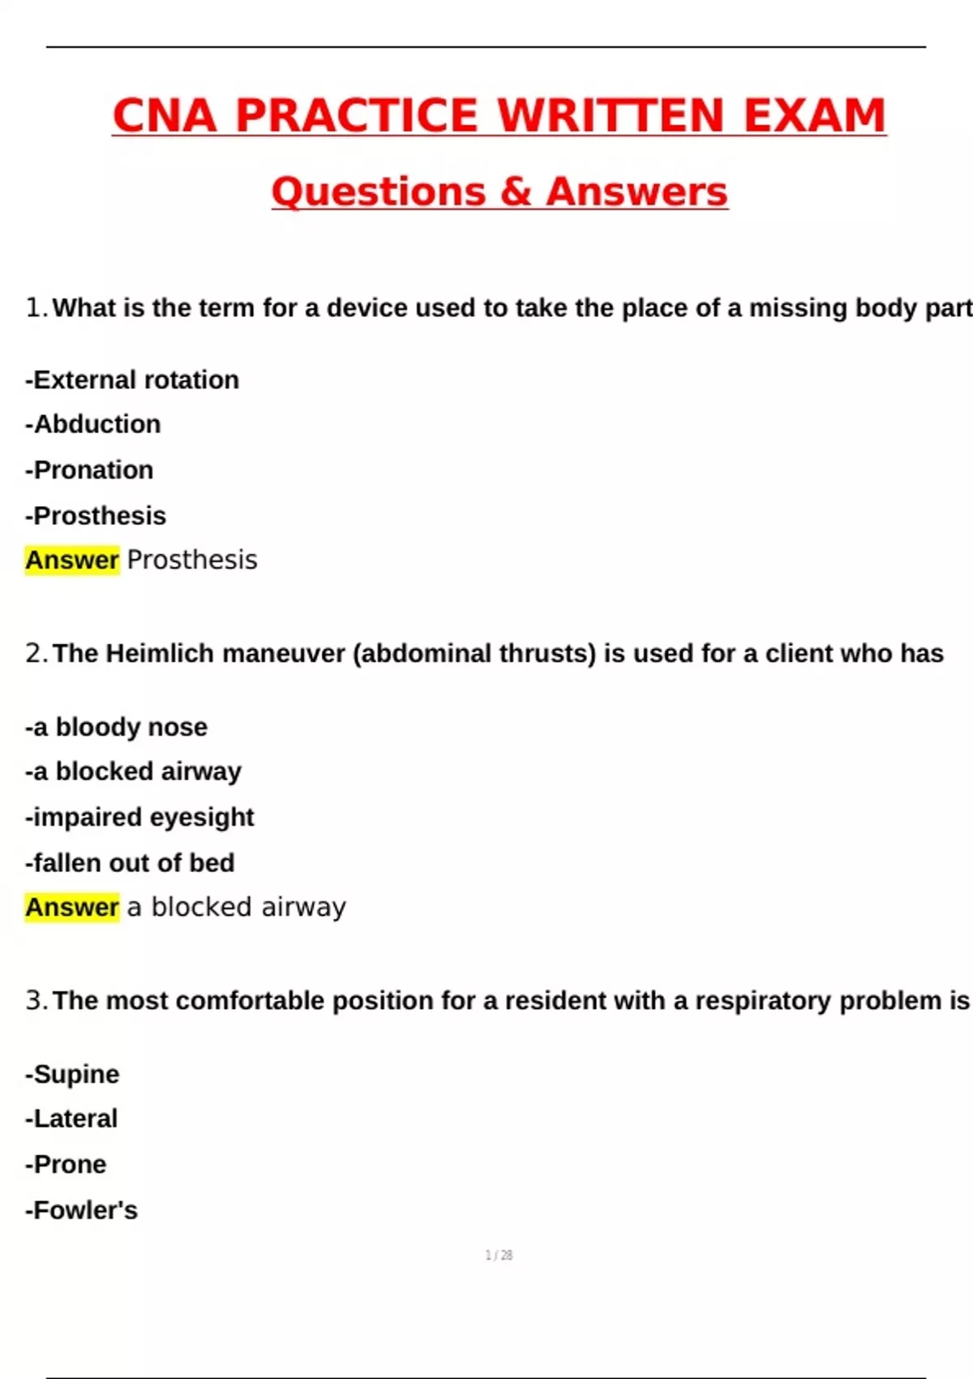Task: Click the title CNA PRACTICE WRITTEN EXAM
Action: pyautogui.click(x=499, y=115)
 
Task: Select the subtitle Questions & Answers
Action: pyautogui.click(x=499, y=192)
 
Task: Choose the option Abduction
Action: pyautogui.click(x=93, y=424)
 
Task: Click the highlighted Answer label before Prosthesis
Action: pyautogui.click(x=72, y=560)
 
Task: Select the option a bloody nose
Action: pyautogui.click(x=117, y=727)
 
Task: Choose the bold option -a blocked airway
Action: pyautogui.click(x=134, y=771)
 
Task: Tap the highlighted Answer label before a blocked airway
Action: pyautogui.click(x=72, y=907)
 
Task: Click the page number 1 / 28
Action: pyautogui.click(x=499, y=1256)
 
